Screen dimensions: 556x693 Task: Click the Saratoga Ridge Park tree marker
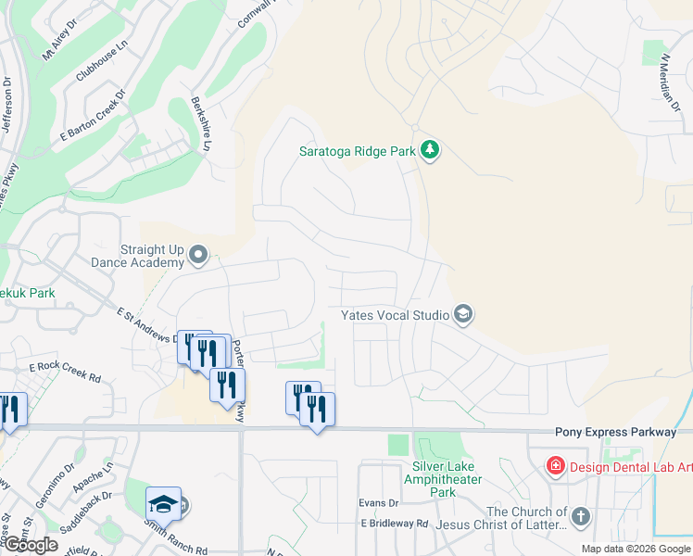[x=429, y=149]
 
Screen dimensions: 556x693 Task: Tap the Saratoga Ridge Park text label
[x=356, y=150]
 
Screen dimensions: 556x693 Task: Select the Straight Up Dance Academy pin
[x=197, y=254]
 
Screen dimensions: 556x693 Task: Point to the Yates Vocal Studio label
[x=395, y=316]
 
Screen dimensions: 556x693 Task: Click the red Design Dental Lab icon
[x=555, y=465]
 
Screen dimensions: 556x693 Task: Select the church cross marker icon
[x=580, y=516]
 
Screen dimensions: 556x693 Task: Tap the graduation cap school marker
[x=163, y=503]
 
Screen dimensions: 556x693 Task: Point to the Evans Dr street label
[x=378, y=503]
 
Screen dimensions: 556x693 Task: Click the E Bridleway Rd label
[x=395, y=524]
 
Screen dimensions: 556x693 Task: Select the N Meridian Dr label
[x=670, y=83]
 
